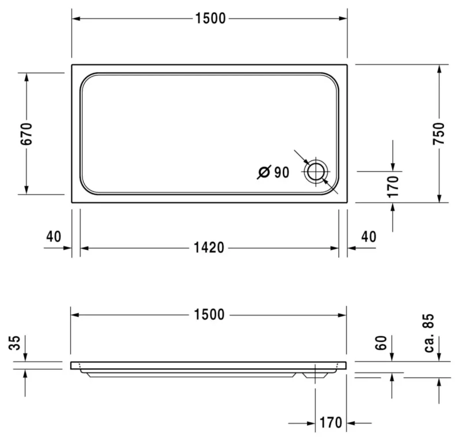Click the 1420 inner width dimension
(x=209, y=248)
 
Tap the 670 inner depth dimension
(x=26, y=134)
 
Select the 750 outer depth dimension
(x=439, y=133)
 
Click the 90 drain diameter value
(x=282, y=172)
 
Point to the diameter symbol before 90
(x=264, y=172)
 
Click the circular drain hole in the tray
(x=316, y=172)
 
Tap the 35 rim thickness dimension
(x=14, y=342)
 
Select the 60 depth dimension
(x=381, y=342)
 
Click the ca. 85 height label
(x=429, y=333)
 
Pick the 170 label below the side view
(x=331, y=422)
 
